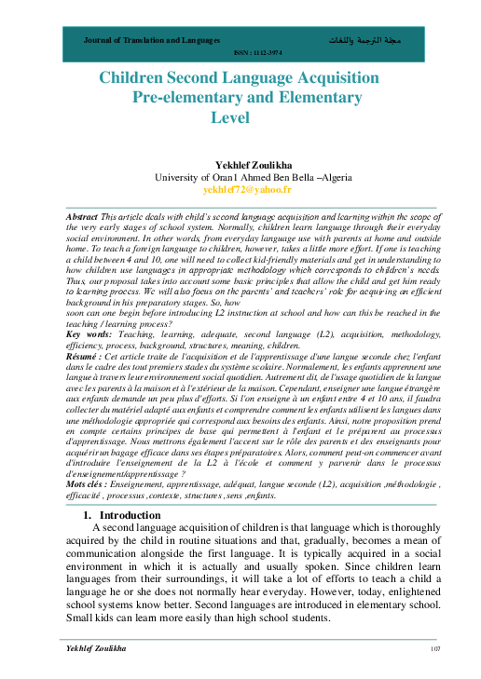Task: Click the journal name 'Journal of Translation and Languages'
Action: (152, 42)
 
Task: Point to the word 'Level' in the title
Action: (239, 116)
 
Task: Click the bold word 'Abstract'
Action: (83, 215)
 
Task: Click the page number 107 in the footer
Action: (434, 647)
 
